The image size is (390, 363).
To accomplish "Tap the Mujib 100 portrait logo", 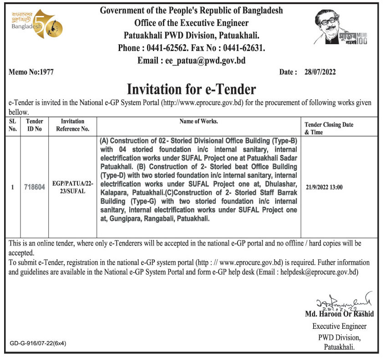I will (x=341, y=28).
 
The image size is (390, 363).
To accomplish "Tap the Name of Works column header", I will (x=198, y=122).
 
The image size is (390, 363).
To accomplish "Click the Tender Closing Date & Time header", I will (x=329, y=128).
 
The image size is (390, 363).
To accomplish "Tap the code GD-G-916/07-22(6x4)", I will (x=38, y=343).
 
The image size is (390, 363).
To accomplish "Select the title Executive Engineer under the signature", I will (x=339, y=326).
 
